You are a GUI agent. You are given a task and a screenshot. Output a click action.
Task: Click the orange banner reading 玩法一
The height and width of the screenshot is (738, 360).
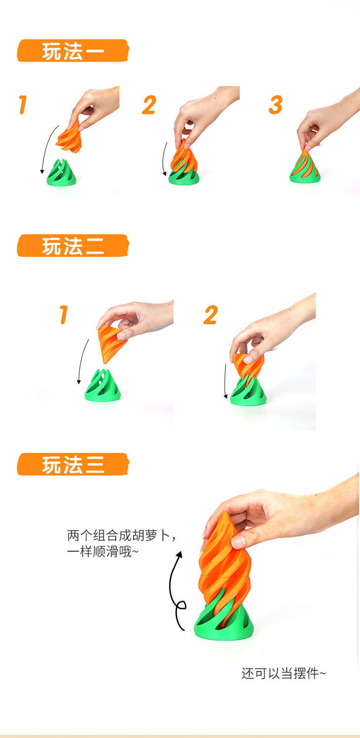(x=72, y=51)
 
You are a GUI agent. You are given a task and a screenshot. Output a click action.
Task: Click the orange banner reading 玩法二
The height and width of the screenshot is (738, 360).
(x=72, y=246)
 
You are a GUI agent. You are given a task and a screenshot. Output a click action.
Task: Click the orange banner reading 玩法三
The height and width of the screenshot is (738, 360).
(x=72, y=464)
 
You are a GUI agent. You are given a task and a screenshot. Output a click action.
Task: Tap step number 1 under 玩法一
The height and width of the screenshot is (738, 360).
(x=22, y=105)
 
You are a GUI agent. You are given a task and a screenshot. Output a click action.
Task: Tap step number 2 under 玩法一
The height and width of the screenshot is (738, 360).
(x=149, y=105)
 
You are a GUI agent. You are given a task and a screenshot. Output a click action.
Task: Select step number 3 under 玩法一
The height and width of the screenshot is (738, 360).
(x=276, y=105)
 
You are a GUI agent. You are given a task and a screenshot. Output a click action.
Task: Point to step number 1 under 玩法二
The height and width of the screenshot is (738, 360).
(x=63, y=315)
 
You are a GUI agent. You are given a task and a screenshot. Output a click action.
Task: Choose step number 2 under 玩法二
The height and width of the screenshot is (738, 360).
(x=210, y=315)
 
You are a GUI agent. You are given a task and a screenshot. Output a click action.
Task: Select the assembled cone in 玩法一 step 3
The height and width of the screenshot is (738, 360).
(x=305, y=169)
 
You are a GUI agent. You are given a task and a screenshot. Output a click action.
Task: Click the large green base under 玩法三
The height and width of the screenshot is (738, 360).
(x=224, y=623)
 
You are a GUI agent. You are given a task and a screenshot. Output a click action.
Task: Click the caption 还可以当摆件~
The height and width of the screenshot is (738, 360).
(x=283, y=673)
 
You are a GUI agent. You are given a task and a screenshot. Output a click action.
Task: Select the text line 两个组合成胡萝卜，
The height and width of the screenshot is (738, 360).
(x=121, y=536)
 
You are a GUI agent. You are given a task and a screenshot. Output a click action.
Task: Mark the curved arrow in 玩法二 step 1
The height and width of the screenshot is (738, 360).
(x=83, y=362)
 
